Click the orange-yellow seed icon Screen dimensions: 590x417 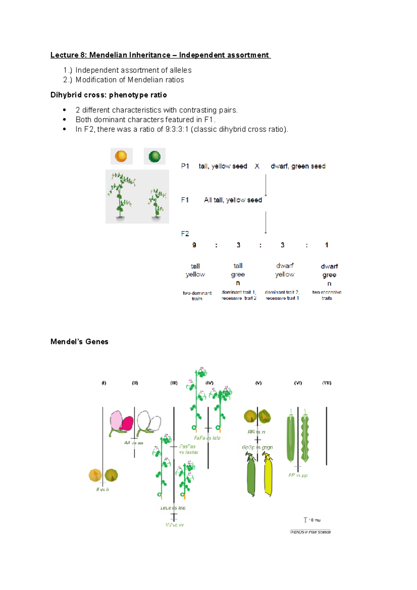(x=121, y=156)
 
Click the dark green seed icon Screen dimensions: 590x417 (x=155, y=156)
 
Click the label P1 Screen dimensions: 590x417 (x=185, y=166)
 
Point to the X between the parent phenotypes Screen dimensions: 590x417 (x=257, y=166)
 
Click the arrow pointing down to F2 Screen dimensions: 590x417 (x=266, y=222)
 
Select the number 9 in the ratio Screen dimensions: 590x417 (x=194, y=245)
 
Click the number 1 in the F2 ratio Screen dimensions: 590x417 (x=326, y=245)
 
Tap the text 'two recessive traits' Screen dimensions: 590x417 (x=327, y=295)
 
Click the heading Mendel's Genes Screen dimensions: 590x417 (x=79, y=342)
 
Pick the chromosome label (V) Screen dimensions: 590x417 (x=258, y=383)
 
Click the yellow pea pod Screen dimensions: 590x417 (x=268, y=476)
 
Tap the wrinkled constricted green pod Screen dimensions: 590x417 (x=305, y=439)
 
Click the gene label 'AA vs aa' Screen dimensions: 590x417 (x=133, y=443)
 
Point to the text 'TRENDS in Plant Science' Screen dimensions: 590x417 (x=310, y=532)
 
